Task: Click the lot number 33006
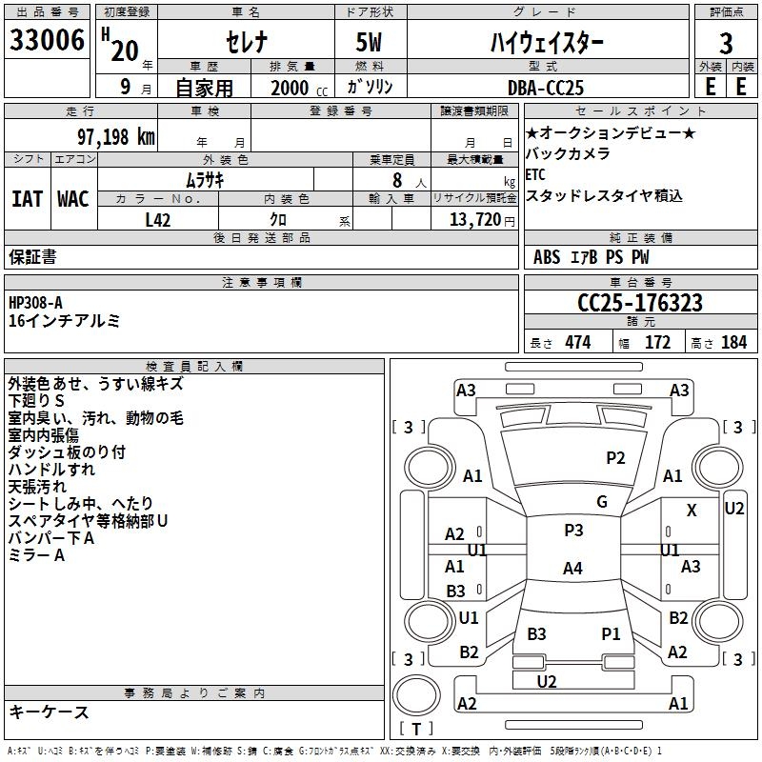coord(48,42)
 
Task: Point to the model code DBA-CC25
coord(546,87)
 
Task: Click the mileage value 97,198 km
coord(115,137)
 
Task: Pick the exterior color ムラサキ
coord(204,179)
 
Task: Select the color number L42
coord(158,220)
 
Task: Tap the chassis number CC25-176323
coord(640,303)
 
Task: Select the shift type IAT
coord(27,199)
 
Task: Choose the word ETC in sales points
coord(535,174)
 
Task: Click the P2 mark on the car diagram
coord(615,458)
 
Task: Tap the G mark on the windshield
coord(601,502)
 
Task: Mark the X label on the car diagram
coord(692,511)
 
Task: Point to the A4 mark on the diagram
coord(571,569)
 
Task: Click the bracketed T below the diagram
coord(416,730)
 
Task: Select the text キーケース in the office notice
coord(50,712)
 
